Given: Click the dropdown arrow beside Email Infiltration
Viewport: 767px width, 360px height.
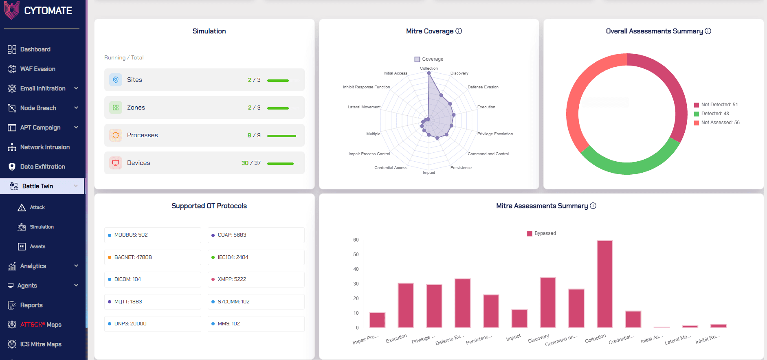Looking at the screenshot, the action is [76, 88].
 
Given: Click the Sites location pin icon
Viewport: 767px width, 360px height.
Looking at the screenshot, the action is [116, 80].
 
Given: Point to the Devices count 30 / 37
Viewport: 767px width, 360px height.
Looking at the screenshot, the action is [251, 163].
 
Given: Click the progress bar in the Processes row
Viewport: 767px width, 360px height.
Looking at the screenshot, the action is [281, 136].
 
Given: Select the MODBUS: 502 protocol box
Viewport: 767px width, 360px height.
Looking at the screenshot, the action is [153, 235].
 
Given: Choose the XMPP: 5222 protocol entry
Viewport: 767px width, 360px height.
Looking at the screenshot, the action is [256, 279].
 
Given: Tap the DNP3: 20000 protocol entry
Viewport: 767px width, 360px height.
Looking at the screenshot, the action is [153, 324].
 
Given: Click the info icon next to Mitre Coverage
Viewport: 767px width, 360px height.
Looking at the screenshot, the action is [459, 31].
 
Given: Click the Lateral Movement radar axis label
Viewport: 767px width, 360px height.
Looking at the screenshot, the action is [364, 107].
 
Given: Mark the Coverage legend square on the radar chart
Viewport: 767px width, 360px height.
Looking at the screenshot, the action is [417, 59].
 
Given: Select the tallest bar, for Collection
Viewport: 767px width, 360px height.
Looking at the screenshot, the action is [605, 284].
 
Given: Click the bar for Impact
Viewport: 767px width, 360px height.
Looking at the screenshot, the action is [519, 319].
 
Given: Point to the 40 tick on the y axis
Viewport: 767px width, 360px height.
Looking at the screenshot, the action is [356, 269].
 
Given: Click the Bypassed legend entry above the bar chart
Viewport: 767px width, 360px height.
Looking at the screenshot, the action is [541, 233].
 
